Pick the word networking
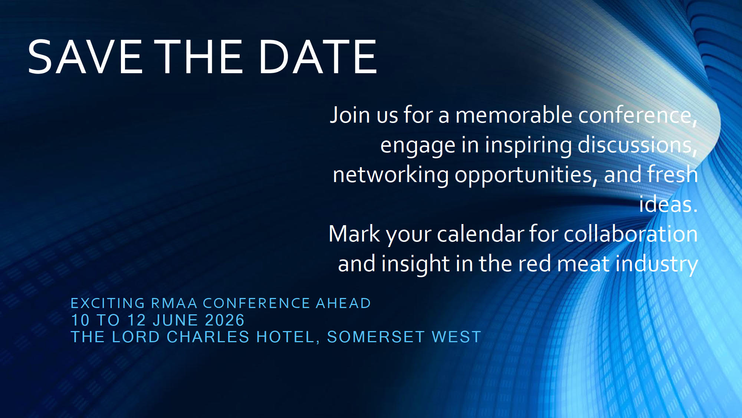(391, 175)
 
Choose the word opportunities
(526, 175)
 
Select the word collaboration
(631, 234)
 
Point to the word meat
(583, 264)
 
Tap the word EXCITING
(108, 303)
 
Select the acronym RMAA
(174, 303)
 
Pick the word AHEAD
(343, 303)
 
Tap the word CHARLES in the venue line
(208, 337)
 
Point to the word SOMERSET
(376, 337)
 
